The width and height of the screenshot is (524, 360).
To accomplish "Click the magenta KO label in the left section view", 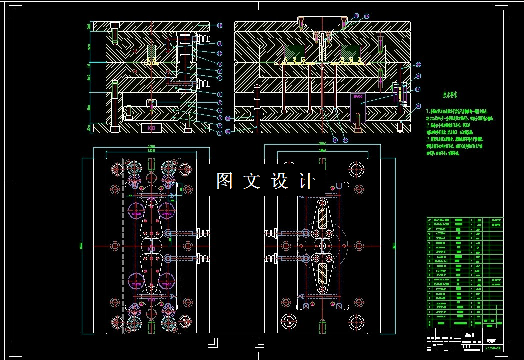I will [151, 128].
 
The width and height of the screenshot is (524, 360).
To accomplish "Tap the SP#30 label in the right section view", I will [358, 96].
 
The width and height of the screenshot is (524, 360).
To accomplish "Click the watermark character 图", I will [225, 181].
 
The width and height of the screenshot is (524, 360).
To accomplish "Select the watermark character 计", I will [307, 181].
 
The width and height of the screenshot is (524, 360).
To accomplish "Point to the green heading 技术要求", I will [451, 94].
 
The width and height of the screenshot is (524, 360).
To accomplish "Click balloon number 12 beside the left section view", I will [219, 25].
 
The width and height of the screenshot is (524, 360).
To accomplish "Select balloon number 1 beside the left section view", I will [219, 132].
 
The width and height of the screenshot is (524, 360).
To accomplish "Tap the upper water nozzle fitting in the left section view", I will [201, 38].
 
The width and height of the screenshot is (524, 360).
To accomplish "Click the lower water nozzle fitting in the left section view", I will [201, 83].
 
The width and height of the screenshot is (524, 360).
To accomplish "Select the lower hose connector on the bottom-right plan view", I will [271, 259].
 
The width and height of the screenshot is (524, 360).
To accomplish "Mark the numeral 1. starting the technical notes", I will [429, 111].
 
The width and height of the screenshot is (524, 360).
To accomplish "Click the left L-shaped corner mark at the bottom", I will [213, 342].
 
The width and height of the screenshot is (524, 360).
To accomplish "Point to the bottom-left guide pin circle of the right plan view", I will [288, 320].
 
